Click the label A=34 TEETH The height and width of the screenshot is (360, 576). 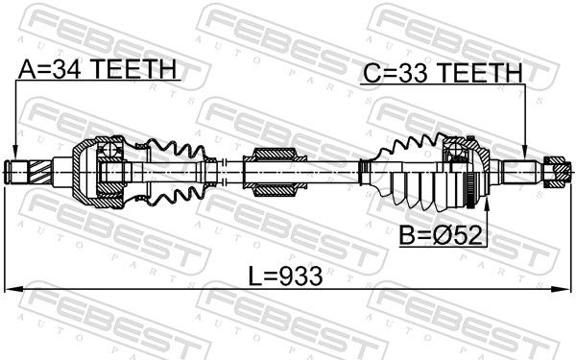[97, 69]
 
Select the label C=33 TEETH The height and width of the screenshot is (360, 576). [443, 73]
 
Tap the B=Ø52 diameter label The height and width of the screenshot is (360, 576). [441, 235]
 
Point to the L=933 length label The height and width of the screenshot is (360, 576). [285, 276]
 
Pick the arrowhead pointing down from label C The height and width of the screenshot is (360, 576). [525, 152]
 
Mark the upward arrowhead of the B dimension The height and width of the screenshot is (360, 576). [487, 204]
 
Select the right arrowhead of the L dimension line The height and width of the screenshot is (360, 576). [563, 290]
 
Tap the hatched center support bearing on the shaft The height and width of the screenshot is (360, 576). [276, 172]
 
